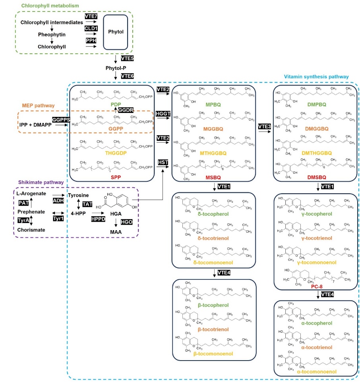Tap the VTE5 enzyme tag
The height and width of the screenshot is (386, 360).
[x=127, y=58]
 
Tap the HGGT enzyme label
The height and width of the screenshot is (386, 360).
[x=163, y=114]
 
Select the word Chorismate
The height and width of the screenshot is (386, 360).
[x=31, y=229]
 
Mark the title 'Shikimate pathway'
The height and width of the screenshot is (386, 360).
[x=40, y=182]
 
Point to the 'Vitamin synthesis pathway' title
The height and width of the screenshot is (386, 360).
[x=316, y=76]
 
